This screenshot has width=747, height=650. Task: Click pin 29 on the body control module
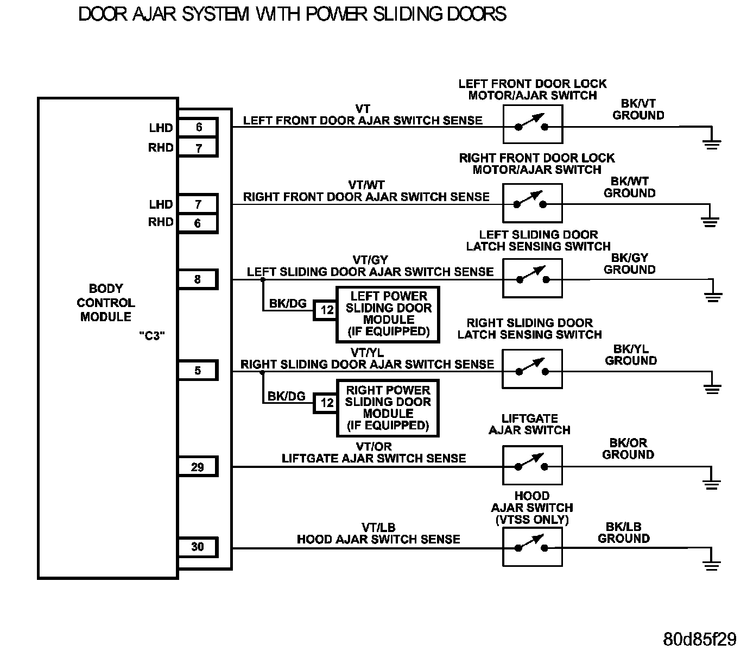tap(198, 467)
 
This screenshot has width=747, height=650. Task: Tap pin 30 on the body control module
tap(198, 547)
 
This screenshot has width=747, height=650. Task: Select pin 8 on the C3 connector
tap(198, 279)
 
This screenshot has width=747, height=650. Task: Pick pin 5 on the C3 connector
tap(198, 371)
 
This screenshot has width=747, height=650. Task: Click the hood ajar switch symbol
tap(532, 547)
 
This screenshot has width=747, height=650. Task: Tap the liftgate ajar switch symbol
tap(532, 465)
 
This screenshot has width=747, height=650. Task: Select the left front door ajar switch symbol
tap(532, 124)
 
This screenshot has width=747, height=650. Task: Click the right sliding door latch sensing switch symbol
tap(532, 369)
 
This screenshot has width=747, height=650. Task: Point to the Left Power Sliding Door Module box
tap(388, 314)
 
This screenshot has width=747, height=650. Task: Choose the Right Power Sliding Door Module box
tap(388, 408)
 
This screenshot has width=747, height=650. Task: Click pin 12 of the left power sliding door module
tap(326, 310)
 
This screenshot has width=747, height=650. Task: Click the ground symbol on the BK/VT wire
tap(712, 143)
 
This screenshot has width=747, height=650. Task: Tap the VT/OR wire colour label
tap(373, 447)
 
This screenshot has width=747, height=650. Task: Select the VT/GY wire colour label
tap(370, 260)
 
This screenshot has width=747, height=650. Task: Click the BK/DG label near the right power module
tap(287, 396)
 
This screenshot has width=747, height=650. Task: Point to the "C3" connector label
tap(151, 336)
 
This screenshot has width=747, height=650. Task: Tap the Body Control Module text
tap(106, 303)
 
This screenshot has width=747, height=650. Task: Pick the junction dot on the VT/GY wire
tap(263, 280)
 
